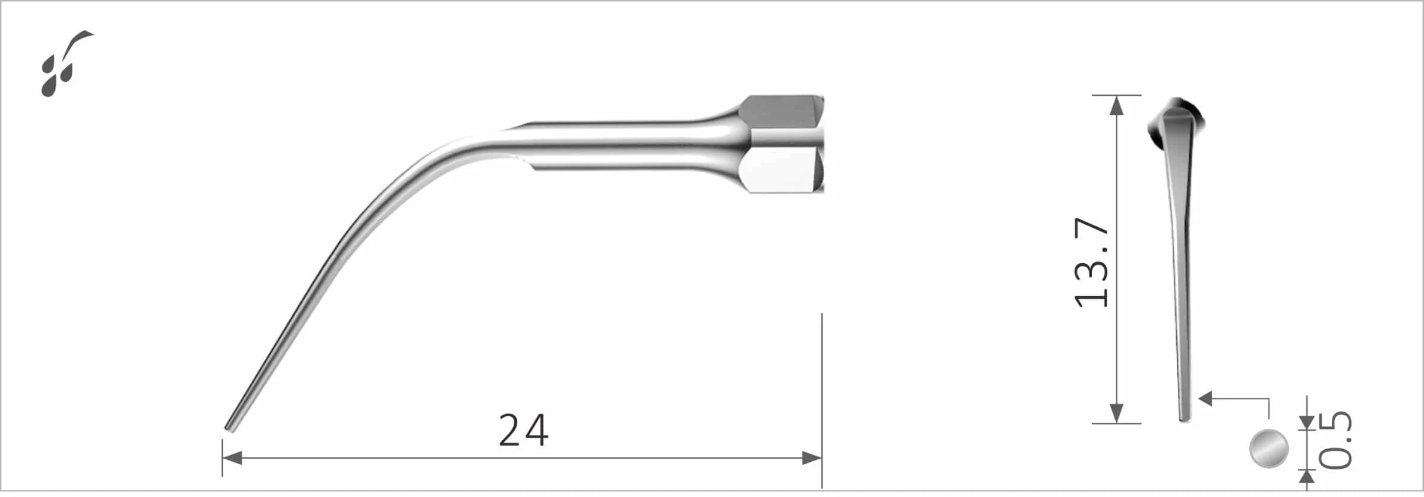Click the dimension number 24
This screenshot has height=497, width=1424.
pos(523,430)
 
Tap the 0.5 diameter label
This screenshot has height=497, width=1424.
pos(1335,440)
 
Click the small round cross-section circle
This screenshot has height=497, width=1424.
pos(1269,448)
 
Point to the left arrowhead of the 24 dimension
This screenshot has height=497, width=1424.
pos(232,458)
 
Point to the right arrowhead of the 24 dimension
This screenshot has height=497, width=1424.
pos(812,458)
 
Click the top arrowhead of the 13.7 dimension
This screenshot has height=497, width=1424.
pos(1116,104)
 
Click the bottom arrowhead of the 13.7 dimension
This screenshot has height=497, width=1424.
pos(1116,414)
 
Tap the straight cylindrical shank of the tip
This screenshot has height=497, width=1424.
pos(617,145)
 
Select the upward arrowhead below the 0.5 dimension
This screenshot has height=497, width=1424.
pos(1307,477)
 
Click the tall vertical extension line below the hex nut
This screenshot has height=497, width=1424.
pos(822,401)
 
